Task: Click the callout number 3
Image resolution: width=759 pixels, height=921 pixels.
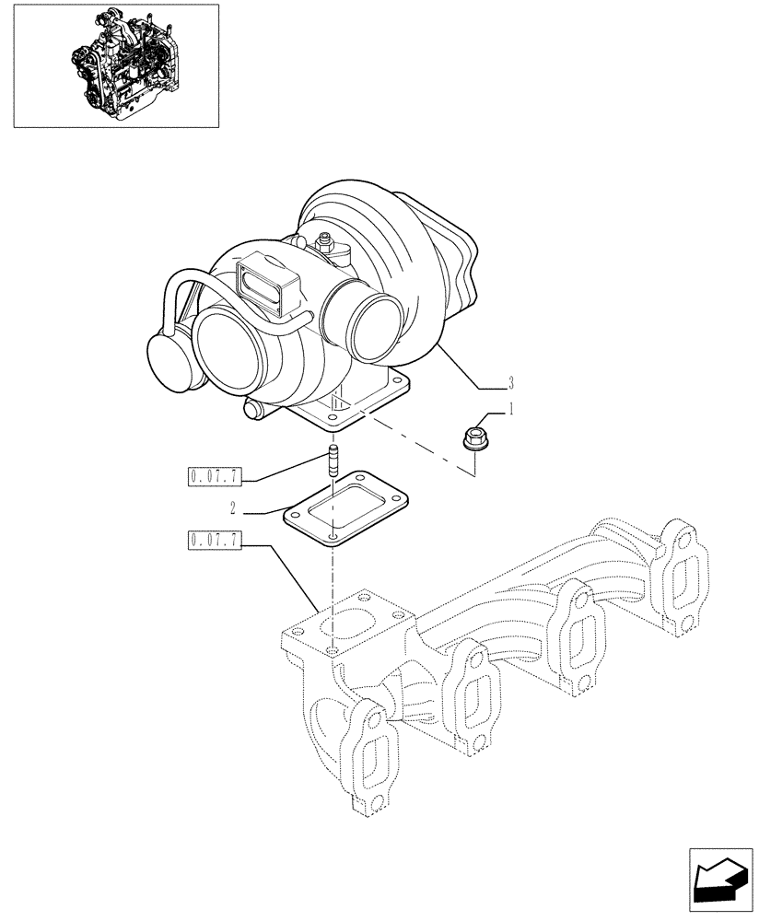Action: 510,383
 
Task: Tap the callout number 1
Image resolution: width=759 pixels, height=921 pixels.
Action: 512,408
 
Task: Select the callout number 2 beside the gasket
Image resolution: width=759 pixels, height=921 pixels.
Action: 234,507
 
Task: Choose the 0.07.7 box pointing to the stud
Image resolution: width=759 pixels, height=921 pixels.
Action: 214,476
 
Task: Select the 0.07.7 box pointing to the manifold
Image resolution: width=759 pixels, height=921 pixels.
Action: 214,541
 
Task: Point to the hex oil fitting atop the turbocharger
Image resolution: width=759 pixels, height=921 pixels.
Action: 325,245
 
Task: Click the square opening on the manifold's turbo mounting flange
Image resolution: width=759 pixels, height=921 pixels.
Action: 344,624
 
